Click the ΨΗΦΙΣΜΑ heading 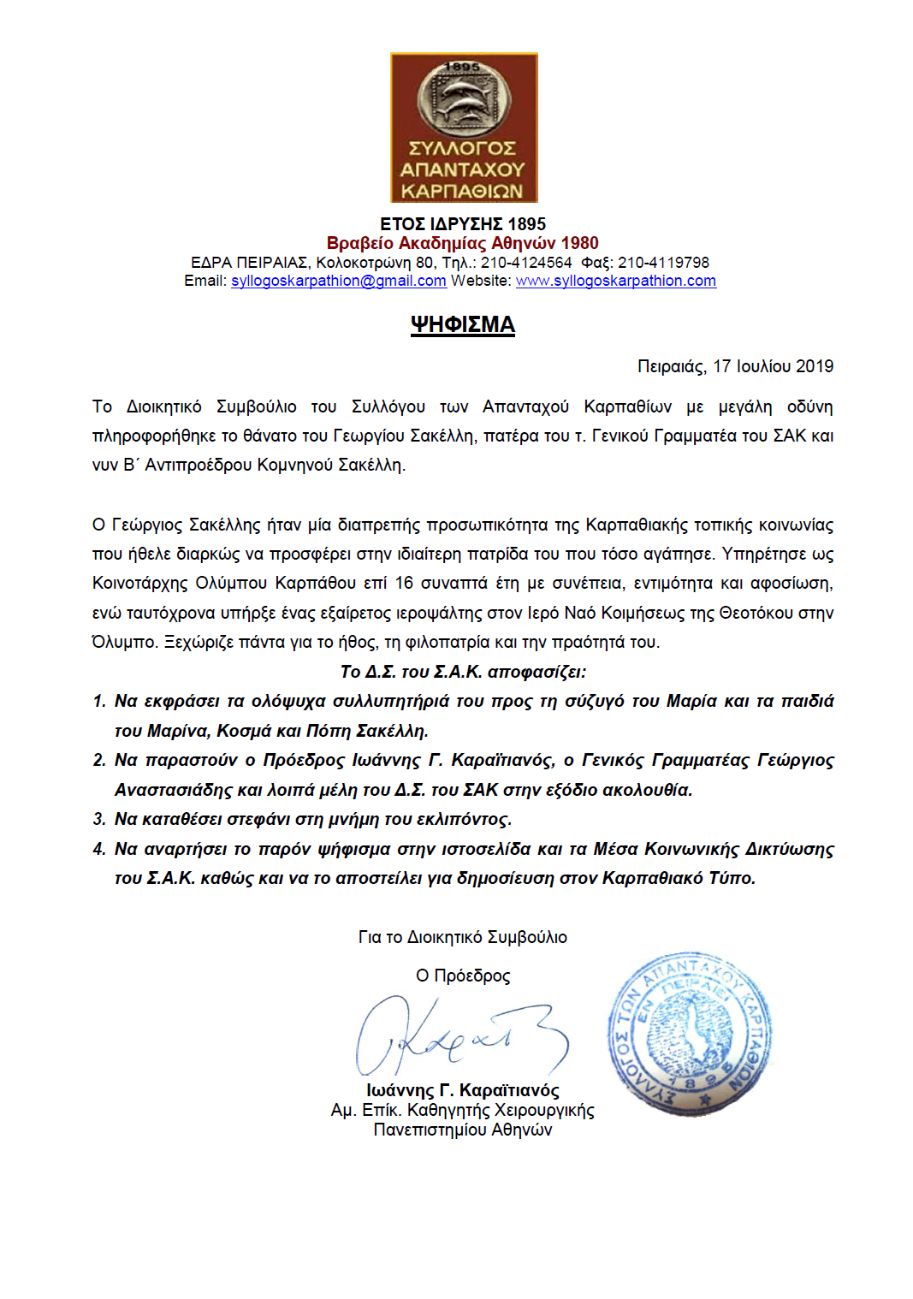[x=462, y=325]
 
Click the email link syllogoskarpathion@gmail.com [x=338, y=281]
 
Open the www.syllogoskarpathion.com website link [x=615, y=281]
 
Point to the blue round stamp [x=690, y=1035]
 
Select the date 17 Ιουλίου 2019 [x=773, y=366]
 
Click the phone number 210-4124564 [x=525, y=263]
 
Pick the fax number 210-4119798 [x=663, y=263]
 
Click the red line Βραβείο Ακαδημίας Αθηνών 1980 [x=462, y=243]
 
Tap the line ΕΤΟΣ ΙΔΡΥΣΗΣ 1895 [x=462, y=224]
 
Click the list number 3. [x=98, y=819]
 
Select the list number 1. [x=98, y=702]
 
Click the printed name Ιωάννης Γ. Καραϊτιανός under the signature [x=462, y=1090]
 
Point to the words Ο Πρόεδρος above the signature [x=462, y=976]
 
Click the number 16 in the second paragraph [x=404, y=584]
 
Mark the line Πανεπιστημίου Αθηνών [x=462, y=1130]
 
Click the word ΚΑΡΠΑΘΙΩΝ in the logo [x=462, y=191]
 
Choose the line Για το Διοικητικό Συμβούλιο [x=462, y=937]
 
